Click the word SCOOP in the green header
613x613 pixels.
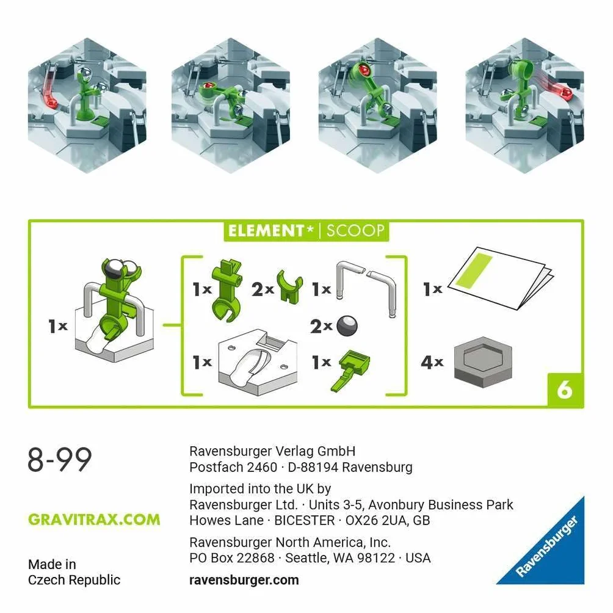pos(355,231)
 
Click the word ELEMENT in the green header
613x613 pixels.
pos(266,231)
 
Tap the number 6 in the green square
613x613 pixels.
pos(565,390)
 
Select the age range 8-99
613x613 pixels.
pos(60,459)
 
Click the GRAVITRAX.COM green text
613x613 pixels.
pos(94,520)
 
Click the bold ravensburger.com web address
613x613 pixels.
pos(244,580)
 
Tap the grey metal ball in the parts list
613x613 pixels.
pos(347,326)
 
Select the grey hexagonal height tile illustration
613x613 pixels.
pos(483,363)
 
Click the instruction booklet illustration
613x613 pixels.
pos(501,278)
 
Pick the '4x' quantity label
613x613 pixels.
pos(432,363)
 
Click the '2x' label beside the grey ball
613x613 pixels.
pos(321,327)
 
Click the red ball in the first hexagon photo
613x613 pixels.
pos(51,104)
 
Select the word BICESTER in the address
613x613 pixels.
pos(305,520)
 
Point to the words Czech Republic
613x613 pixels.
pos(74,580)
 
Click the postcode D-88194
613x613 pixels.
pos(313,467)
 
